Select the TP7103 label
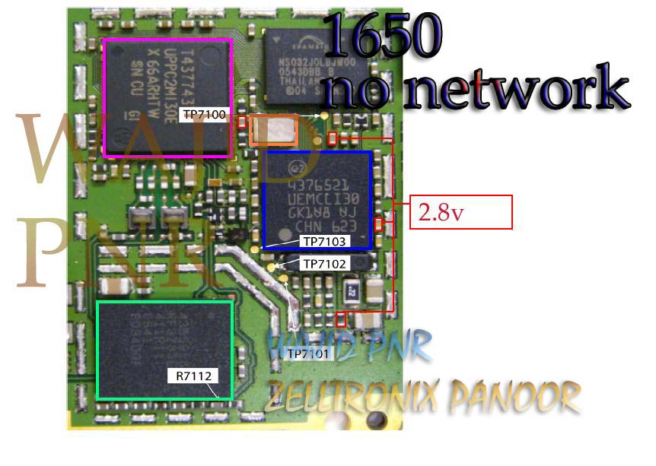(x=325, y=242)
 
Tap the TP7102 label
(x=325, y=264)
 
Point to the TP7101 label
(x=308, y=353)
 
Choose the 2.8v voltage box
(x=461, y=212)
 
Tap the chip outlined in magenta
(x=168, y=98)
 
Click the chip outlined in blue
(x=317, y=199)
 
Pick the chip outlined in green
(x=164, y=350)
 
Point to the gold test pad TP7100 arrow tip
(x=326, y=116)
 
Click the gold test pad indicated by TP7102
(x=272, y=267)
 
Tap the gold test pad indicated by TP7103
(x=255, y=248)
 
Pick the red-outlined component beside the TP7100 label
(x=241, y=122)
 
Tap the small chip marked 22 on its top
(x=352, y=290)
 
